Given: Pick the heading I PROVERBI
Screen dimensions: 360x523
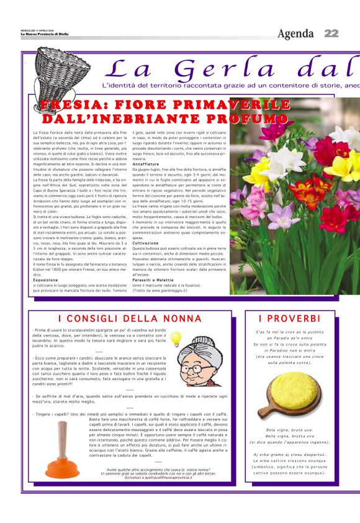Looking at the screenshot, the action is tap(287, 319).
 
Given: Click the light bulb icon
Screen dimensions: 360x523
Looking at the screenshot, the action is tap(176, 338).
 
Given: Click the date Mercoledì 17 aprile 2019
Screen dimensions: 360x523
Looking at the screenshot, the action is tap(37, 30).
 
